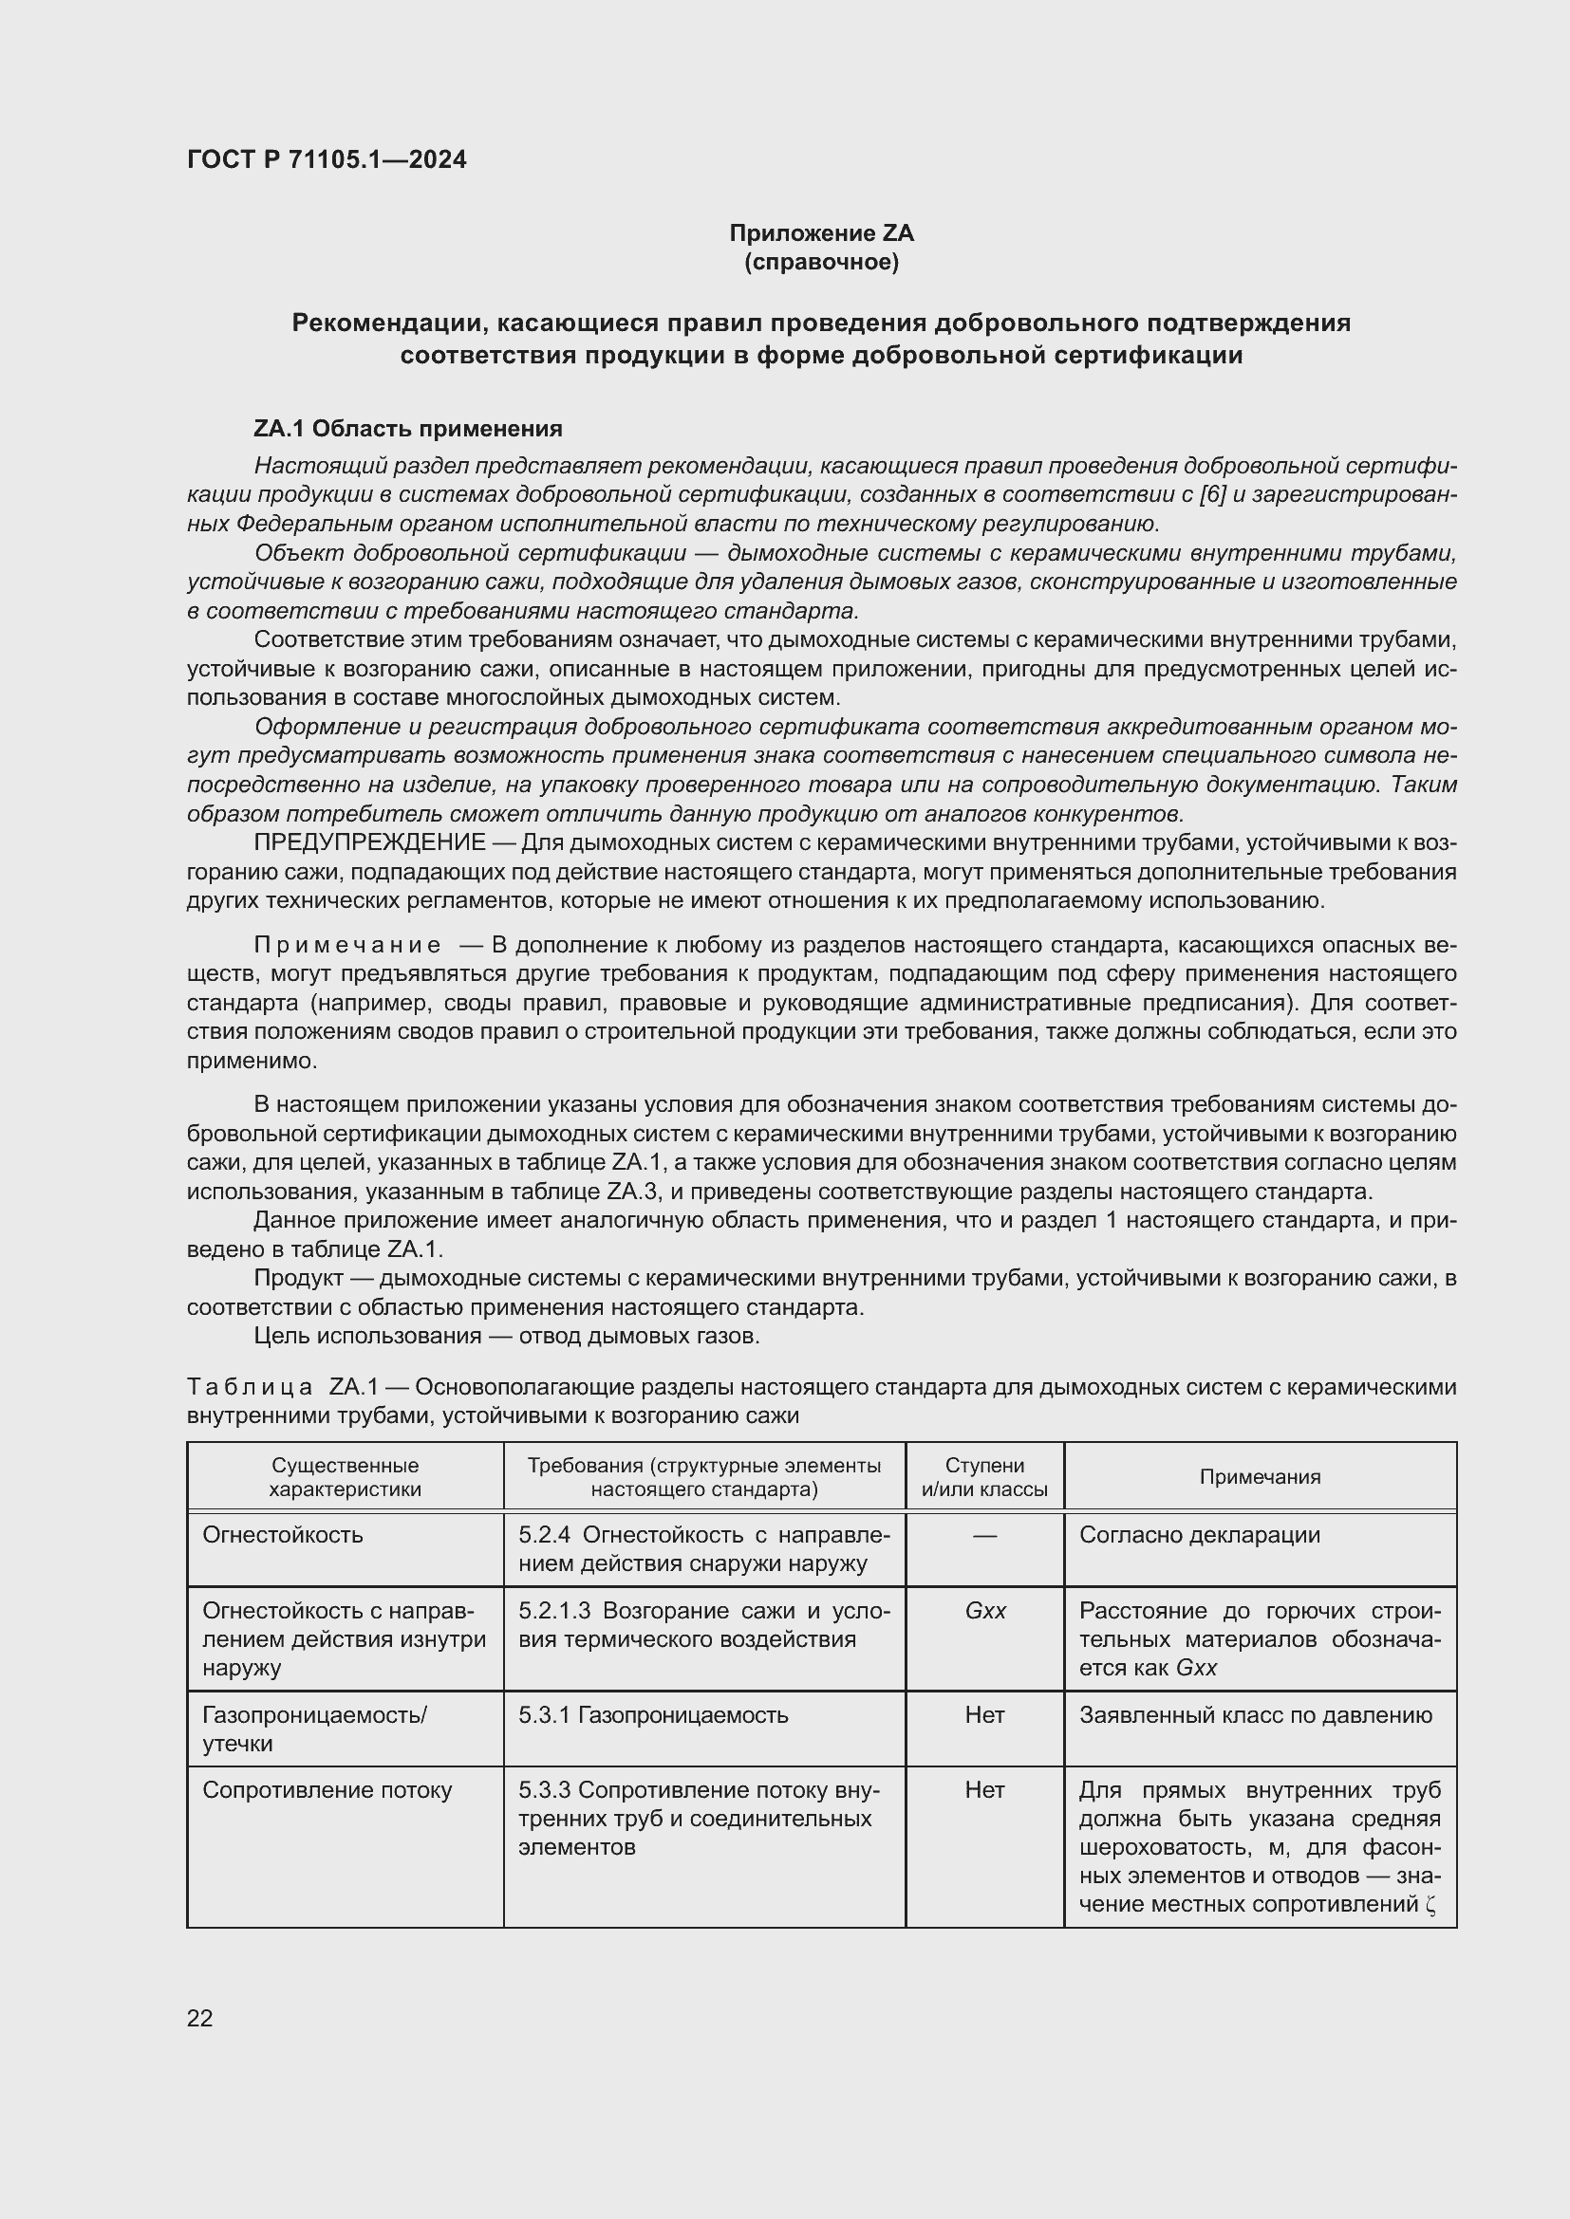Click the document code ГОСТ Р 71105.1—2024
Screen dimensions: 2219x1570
(x=326, y=159)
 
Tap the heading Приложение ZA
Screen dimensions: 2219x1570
(x=821, y=233)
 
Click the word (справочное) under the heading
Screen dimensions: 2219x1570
(x=821, y=262)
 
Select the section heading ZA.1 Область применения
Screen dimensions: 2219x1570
(x=408, y=428)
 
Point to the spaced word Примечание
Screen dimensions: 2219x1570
(x=347, y=944)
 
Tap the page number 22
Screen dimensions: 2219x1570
(x=200, y=2017)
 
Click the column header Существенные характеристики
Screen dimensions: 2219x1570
(x=346, y=1476)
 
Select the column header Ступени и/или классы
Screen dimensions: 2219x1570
(x=984, y=1476)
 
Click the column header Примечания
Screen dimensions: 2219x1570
(x=1260, y=1476)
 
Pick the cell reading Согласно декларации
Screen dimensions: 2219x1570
(x=1199, y=1535)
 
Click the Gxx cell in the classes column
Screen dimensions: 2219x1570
(x=985, y=1610)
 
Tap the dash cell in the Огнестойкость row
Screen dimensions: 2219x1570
(x=984, y=1535)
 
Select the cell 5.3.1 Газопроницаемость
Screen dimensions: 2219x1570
(x=653, y=1714)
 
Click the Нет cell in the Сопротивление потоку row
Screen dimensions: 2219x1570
(x=984, y=1790)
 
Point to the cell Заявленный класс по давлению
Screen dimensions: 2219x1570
(x=1255, y=1714)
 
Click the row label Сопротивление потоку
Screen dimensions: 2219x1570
(x=327, y=1790)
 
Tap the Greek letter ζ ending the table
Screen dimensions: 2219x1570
(x=1431, y=1905)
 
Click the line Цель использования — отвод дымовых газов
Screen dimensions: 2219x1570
(x=507, y=1336)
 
